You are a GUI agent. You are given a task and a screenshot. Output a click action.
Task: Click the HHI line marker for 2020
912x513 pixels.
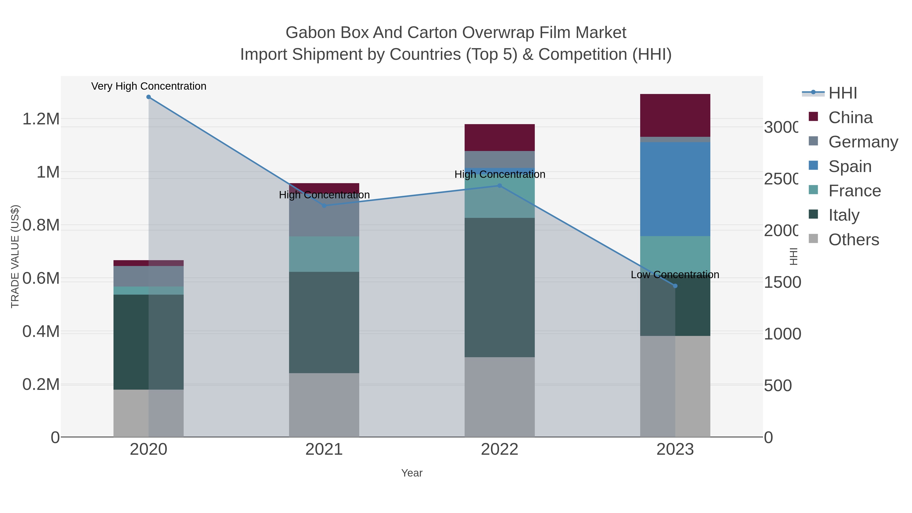(148, 97)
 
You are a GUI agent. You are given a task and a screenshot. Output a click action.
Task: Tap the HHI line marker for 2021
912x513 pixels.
(324, 206)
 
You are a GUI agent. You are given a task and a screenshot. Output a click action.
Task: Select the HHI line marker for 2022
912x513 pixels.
(500, 185)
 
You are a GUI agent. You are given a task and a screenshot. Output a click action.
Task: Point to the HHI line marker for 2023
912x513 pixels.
(675, 286)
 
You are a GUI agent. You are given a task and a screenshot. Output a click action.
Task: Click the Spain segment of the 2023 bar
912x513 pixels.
(675, 189)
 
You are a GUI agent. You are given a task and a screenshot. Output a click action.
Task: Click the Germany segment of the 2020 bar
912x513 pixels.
(148, 276)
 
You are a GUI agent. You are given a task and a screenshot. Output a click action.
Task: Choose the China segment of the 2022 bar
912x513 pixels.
(500, 137)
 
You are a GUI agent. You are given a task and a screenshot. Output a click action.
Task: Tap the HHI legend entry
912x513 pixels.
(842, 93)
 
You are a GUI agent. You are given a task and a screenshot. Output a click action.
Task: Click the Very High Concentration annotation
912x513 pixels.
(149, 86)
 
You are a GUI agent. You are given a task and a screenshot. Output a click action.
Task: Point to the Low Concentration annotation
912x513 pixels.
(675, 274)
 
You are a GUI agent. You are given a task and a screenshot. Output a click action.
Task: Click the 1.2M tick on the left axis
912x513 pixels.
(41, 119)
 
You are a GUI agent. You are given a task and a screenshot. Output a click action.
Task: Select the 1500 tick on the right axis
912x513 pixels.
(782, 282)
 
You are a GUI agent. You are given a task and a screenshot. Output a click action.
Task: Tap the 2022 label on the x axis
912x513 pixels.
(500, 449)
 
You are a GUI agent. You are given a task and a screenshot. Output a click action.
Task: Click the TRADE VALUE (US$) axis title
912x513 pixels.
(15, 256)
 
